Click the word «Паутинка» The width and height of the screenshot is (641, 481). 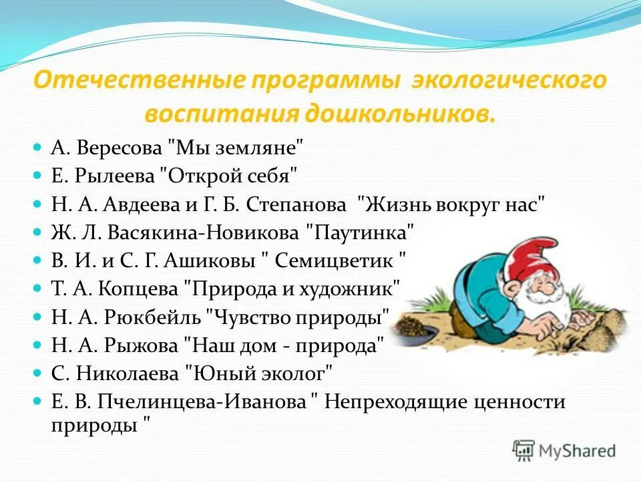point(360,233)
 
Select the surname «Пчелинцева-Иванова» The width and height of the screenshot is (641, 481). point(202,402)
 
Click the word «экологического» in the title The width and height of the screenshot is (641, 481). point(509,81)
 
